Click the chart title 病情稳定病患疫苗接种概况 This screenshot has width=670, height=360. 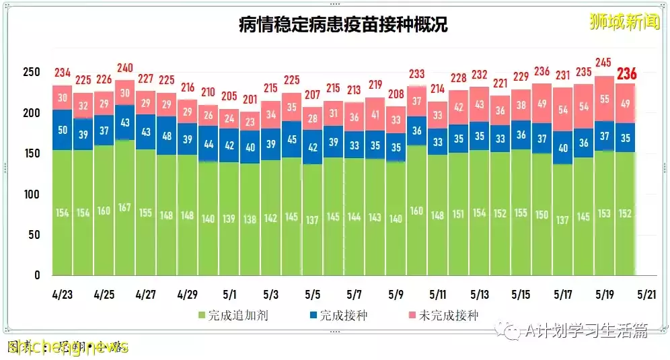point(343,25)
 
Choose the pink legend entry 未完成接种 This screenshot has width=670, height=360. point(443,315)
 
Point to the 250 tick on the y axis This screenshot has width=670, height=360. point(32,72)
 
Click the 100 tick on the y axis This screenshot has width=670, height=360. point(32,194)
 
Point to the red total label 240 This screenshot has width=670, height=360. point(125,67)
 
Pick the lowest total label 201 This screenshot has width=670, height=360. point(250,100)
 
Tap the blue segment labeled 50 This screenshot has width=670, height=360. point(63,130)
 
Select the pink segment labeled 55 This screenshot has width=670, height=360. point(605,98)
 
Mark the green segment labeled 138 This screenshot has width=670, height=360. point(250,219)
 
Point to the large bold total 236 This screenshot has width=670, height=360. point(626,73)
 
